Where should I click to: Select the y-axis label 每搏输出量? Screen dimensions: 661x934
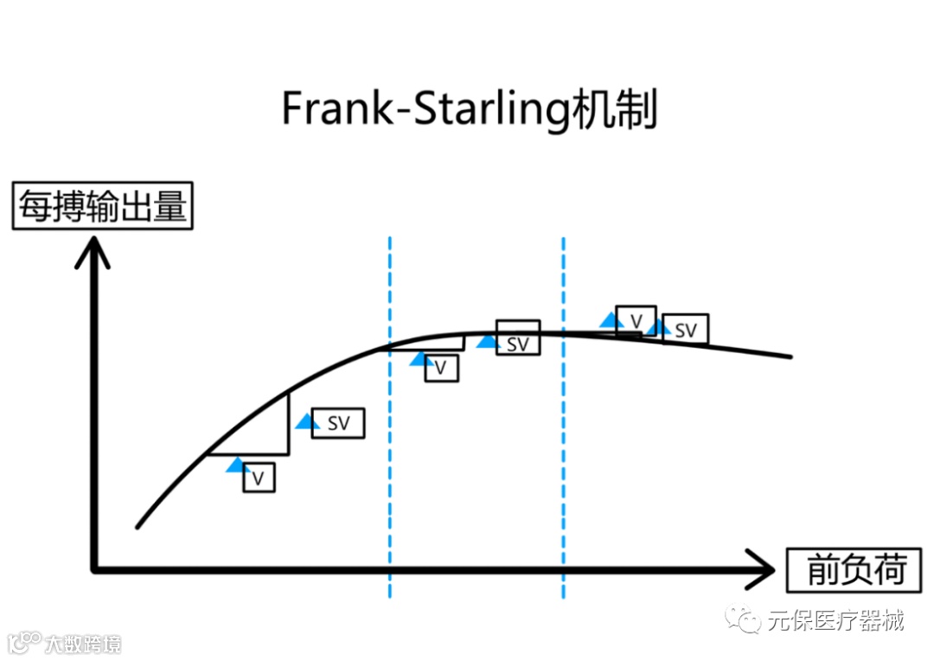pos(102,209)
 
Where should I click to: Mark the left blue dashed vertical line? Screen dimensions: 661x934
pos(390,415)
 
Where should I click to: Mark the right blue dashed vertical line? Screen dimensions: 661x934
pos(563,415)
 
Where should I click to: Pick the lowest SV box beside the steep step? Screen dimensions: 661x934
pos(337,422)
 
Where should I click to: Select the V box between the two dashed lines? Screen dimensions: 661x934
pos(441,367)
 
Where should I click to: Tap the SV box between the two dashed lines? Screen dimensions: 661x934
pos(517,343)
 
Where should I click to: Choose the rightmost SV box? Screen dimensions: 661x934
pos(685,329)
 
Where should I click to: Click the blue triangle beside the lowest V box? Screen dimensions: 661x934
pos(235,465)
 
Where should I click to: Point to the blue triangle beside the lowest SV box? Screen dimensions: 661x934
pos(305,421)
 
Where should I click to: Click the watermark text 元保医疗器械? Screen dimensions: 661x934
pos(835,619)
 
